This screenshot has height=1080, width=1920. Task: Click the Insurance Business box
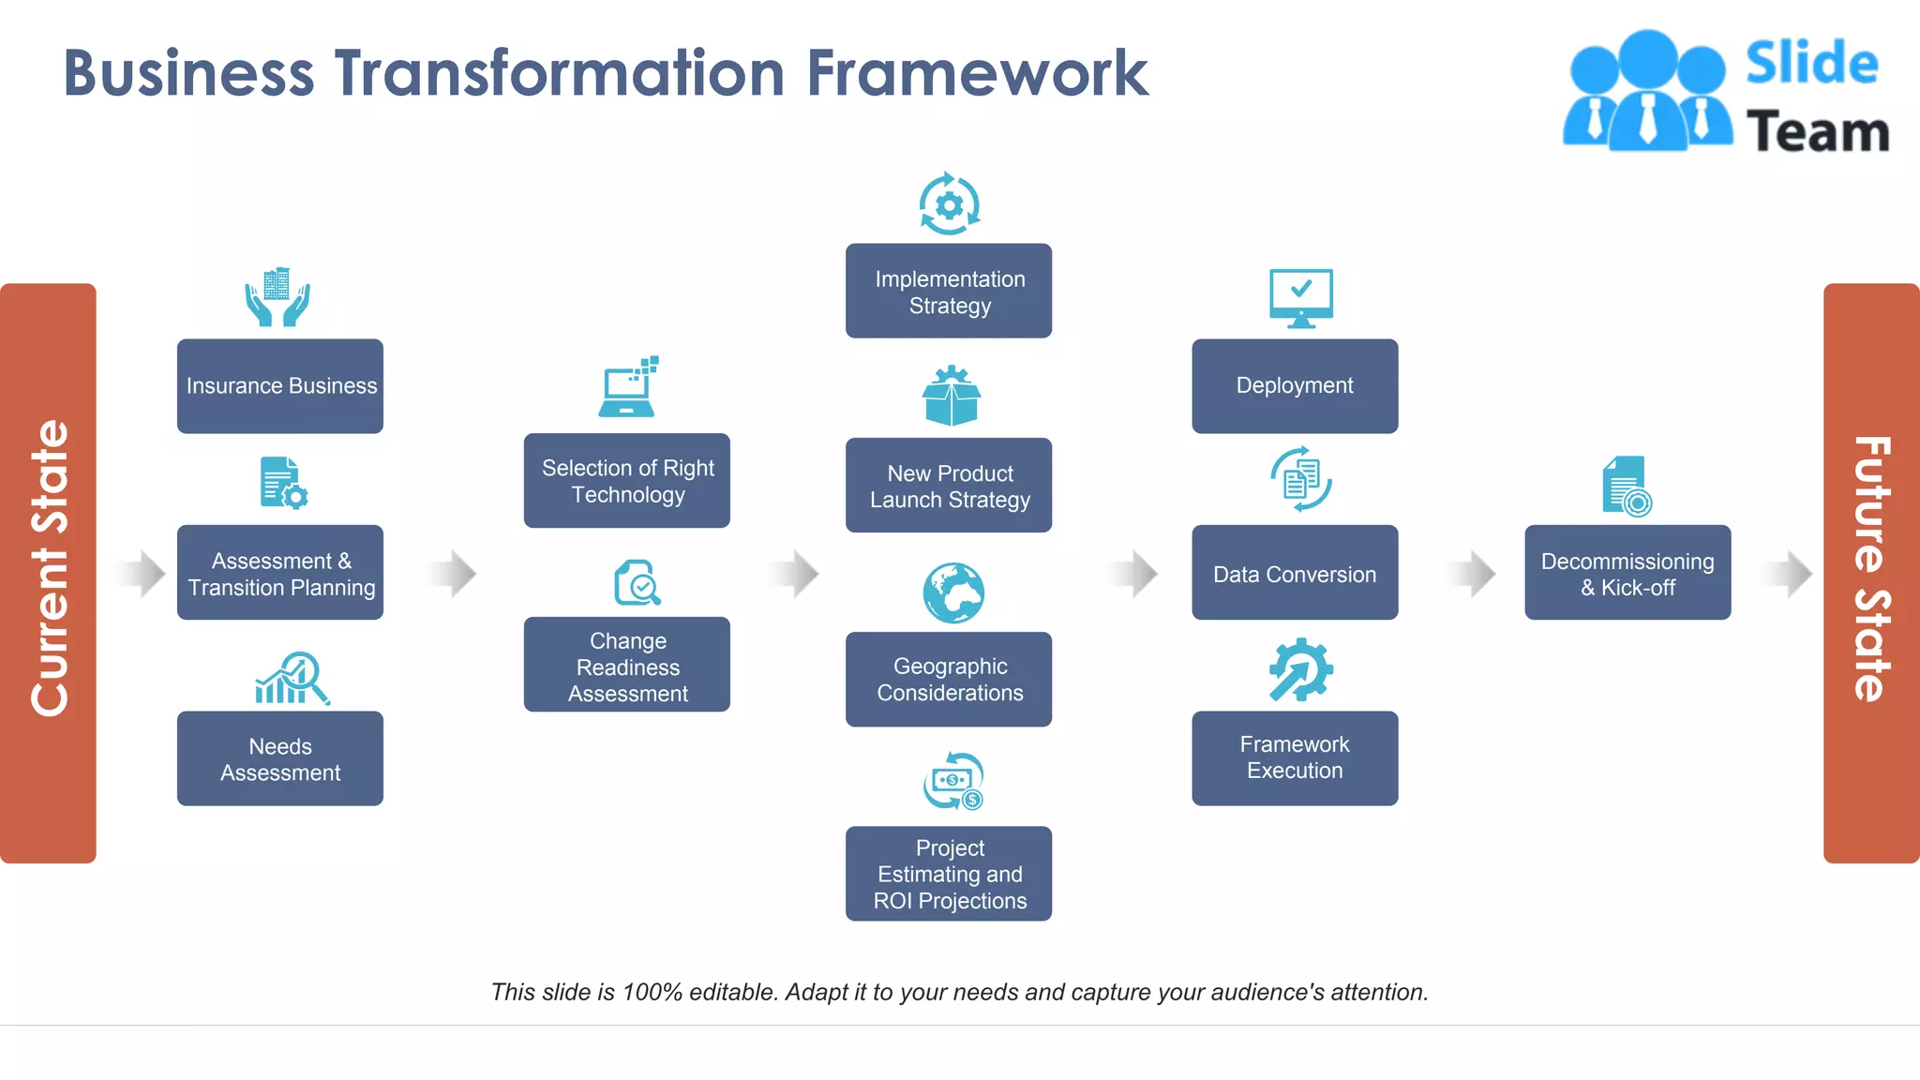point(280,385)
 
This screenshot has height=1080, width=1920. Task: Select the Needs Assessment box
point(280,758)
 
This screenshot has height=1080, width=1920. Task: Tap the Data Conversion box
point(1295,573)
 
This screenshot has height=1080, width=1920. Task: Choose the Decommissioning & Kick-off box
point(1627,573)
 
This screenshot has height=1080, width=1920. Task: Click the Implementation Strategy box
point(949,291)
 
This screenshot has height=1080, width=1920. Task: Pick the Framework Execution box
point(1295,757)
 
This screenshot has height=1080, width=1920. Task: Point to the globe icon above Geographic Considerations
point(952,592)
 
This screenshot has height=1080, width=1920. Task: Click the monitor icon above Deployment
point(1300,298)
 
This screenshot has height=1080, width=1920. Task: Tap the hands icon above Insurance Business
point(277,298)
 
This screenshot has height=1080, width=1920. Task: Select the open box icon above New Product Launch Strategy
point(951,396)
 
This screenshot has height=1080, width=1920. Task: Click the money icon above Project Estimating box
point(952,781)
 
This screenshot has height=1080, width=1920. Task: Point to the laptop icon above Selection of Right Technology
point(628,388)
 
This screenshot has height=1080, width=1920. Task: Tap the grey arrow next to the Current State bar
point(142,573)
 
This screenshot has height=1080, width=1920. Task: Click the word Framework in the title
point(977,73)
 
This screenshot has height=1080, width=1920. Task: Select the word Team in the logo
point(1817,131)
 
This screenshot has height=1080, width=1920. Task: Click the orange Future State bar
point(1870,573)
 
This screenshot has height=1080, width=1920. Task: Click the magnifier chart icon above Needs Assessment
point(292,678)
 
